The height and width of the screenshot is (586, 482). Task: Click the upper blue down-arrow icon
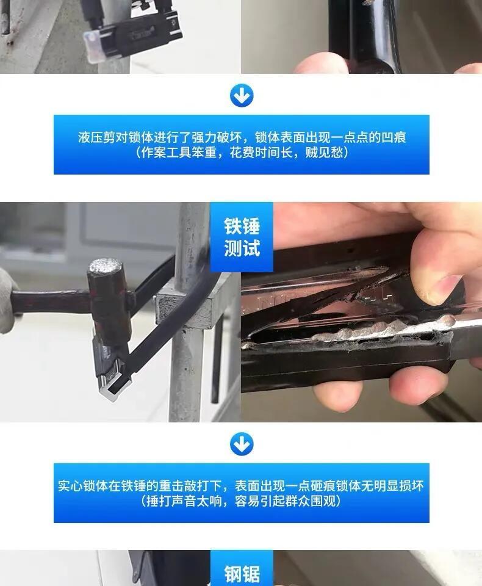(242, 96)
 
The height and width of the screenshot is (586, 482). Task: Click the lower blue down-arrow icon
(242, 444)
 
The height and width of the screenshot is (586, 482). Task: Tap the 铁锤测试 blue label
(242, 237)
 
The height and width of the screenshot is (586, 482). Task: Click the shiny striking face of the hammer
(105, 267)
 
